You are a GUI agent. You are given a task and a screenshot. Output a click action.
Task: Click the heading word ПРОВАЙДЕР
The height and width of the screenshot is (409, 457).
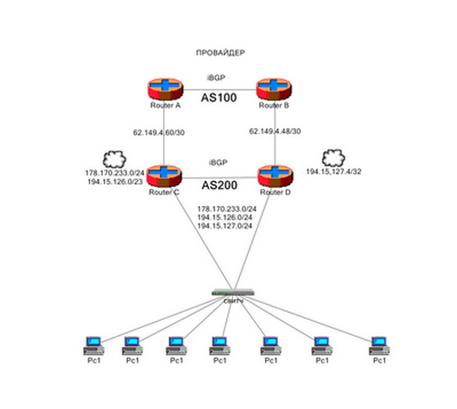point(219,52)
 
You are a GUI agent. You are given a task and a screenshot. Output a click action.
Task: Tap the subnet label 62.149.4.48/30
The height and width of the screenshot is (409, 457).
point(275,132)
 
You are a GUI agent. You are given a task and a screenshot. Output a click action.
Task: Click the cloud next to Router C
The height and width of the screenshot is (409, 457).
point(114,159)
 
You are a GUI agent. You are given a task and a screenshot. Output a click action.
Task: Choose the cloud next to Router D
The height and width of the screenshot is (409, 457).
point(333,159)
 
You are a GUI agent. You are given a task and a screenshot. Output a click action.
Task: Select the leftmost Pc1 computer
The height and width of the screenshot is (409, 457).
point(93,345)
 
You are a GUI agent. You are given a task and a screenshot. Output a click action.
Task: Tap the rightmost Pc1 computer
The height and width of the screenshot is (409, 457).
point(379,345)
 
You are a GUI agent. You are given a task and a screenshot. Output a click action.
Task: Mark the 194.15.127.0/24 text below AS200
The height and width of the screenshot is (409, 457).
point(225,227)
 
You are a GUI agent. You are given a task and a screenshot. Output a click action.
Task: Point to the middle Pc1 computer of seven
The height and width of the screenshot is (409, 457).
point(220,345)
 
